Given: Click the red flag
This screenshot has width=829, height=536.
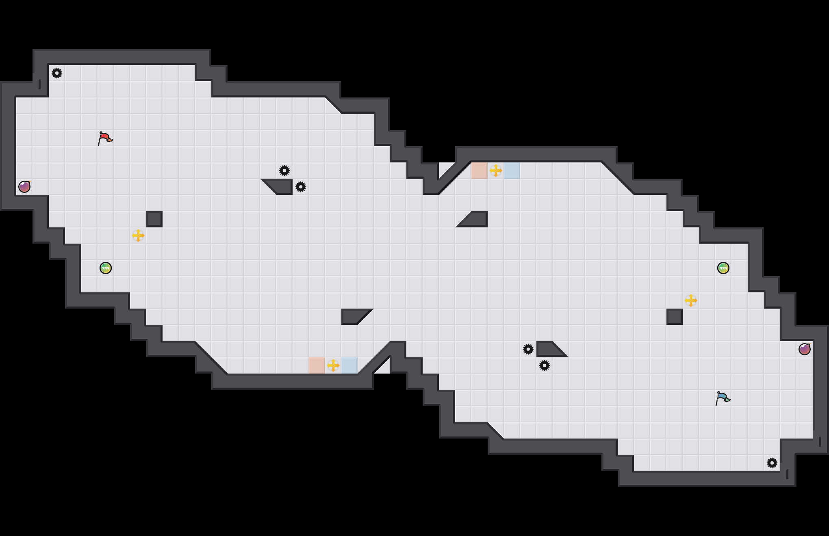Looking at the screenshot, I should (105, 138).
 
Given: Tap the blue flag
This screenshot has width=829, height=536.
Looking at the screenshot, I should (723, 398).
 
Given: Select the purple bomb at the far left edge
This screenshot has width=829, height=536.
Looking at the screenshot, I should (24, 187).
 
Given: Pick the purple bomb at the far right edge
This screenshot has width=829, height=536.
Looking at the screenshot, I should (805, 349).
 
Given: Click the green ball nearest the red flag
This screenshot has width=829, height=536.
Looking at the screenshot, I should (106, 268).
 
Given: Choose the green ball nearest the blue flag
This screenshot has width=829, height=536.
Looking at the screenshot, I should (723, 268).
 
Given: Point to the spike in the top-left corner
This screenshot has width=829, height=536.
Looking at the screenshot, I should (57, 73).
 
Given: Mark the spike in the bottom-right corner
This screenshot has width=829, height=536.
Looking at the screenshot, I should (772, 463).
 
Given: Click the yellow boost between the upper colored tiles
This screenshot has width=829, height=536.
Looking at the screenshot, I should (496, 171).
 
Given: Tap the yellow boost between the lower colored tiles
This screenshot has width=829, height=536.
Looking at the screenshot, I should (333, 365).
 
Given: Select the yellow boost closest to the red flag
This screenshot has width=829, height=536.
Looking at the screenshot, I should (138, 236).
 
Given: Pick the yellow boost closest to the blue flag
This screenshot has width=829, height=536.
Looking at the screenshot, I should (691, 300).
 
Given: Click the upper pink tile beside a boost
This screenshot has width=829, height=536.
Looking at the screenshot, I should (480, 171).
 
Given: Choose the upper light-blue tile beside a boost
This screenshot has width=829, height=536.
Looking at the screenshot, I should (512, 171).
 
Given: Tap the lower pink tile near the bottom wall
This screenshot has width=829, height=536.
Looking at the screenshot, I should (317, 365).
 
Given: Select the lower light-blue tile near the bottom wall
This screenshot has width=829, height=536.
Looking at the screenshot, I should (349, 365).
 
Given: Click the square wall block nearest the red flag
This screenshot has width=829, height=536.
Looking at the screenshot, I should (154, 219).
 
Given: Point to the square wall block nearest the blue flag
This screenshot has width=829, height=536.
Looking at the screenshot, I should (675, 317).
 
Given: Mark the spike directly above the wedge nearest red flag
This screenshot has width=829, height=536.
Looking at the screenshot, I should (284, 171).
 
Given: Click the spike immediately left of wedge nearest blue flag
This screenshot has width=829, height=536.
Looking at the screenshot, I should (528, 349).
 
